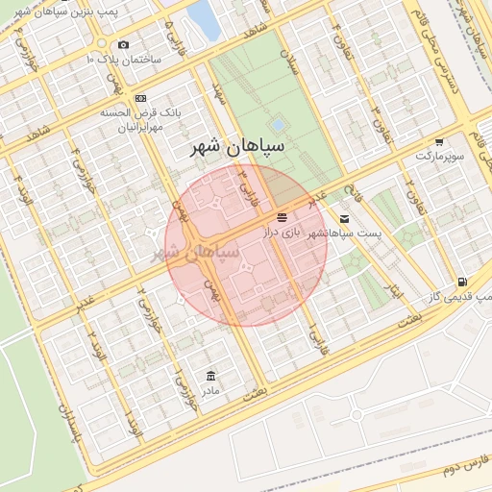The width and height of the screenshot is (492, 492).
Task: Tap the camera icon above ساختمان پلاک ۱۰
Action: click(x=124, y=44)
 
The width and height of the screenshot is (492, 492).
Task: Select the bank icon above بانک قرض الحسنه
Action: click(x=140, y=98)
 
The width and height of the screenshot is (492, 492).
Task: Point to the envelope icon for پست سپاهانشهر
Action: click(x=345, y=219)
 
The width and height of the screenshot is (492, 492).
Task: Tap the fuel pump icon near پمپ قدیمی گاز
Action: click(x=463, y=282)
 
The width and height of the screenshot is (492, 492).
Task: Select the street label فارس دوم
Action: click(x=439, y=472)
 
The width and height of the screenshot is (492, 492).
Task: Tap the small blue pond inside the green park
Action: click(x=279, y=125)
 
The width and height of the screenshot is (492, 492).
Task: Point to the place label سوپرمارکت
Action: click(x=439, y=155)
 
